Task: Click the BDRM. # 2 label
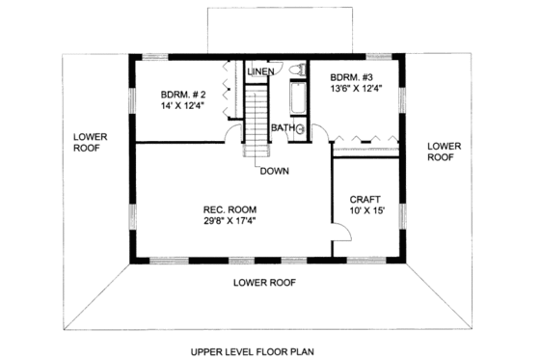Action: pos(181,95)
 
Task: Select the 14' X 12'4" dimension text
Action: pos(181,107)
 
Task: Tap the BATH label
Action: pos(283,127)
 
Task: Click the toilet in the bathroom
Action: pos(299,69)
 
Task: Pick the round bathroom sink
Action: pos(300,127)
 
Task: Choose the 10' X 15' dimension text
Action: pos(366,212)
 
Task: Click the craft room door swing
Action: pos(339,230)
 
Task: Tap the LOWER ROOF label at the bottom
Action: pos(264,282)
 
